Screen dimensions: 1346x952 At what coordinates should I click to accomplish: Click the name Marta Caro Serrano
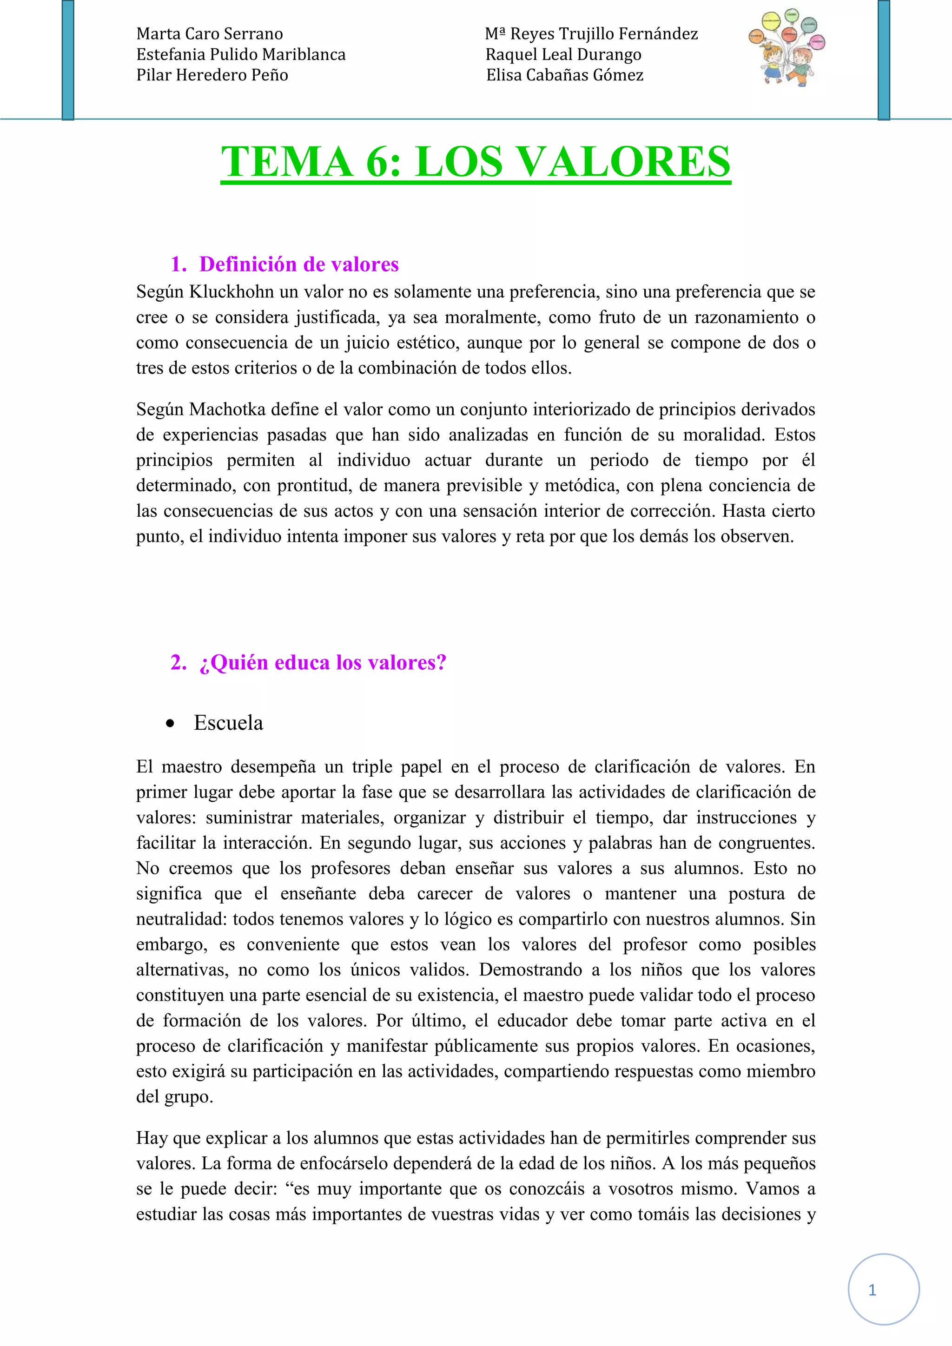point(209,34)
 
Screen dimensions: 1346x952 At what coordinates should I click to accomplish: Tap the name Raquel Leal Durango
point(563,54)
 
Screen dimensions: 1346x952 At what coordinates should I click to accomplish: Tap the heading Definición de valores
point(299,264)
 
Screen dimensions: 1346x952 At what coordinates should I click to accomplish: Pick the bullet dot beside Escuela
point(170,724)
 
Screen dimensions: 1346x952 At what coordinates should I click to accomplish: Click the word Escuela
point(229,723)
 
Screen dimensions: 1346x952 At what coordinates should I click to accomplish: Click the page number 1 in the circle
point(872,1290)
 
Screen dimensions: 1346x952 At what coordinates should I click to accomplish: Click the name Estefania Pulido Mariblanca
point(241,54)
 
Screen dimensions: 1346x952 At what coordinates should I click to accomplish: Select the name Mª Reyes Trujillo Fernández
point(591,34)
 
